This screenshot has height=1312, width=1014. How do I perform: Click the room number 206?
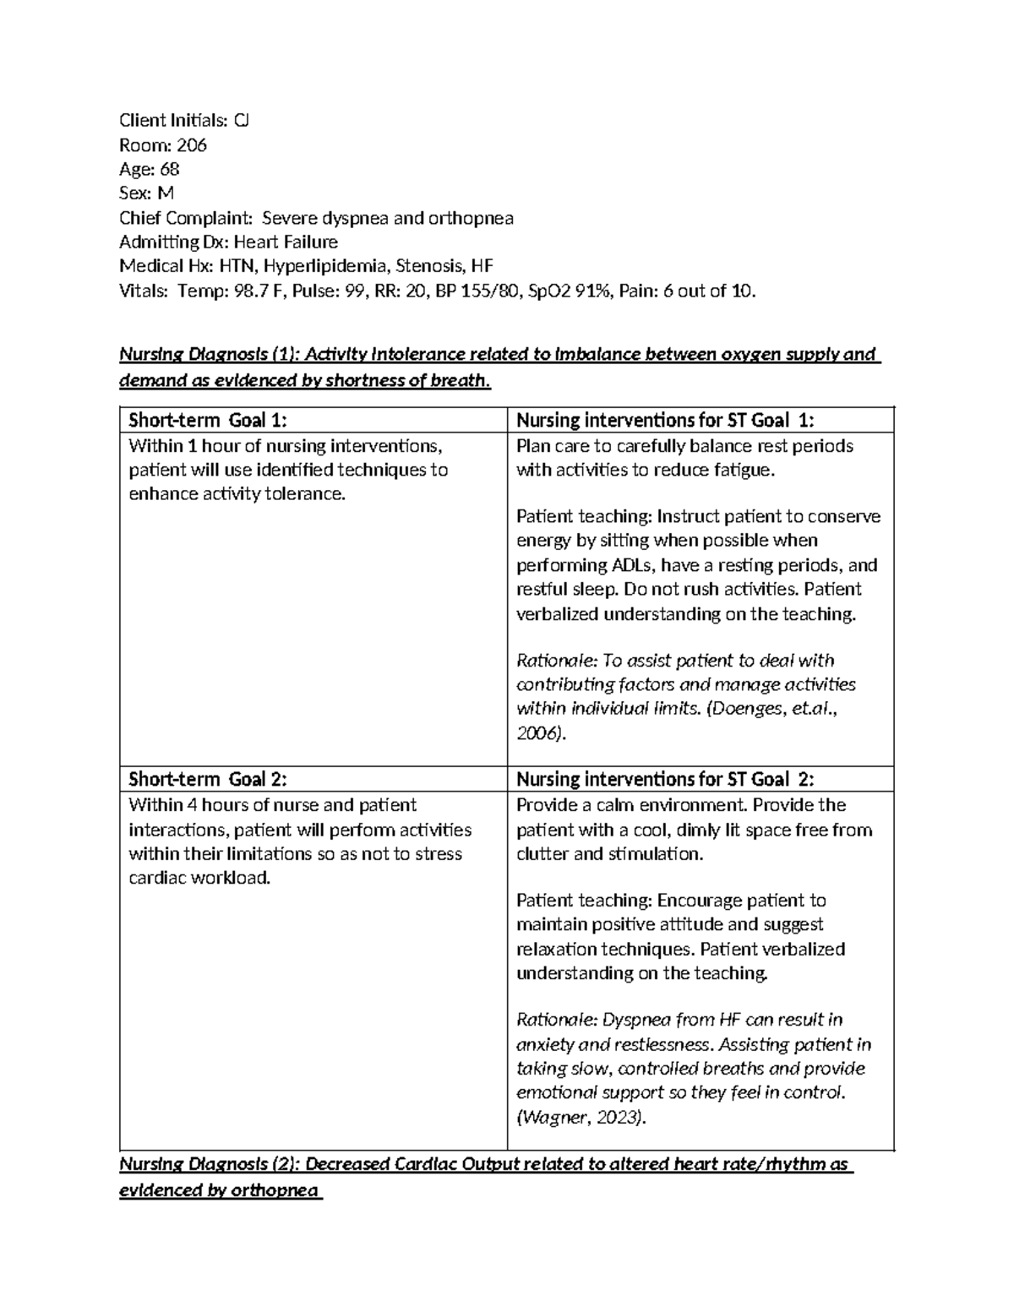(191, 145)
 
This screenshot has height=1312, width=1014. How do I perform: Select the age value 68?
(169, 169)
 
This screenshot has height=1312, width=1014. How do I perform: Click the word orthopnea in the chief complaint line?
(471, 218)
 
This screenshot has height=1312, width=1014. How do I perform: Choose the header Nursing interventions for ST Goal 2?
(665, 780)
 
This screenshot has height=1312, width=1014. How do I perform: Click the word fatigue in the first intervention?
(744, 471)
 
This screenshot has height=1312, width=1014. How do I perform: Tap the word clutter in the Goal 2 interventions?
(542, 854)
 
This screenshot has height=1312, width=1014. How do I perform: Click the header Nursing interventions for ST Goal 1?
(665, 420)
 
